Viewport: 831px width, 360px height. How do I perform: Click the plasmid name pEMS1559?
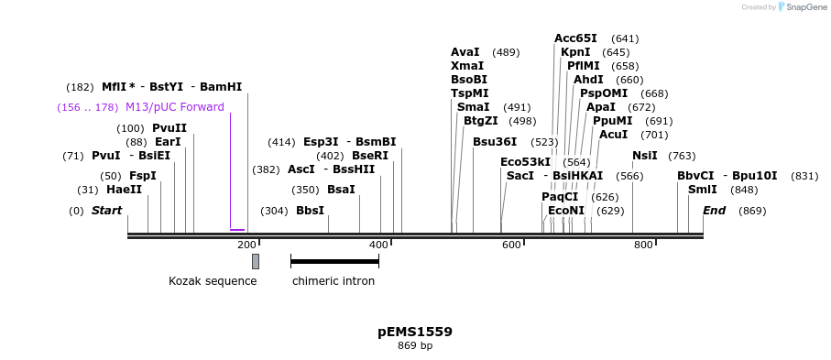click(x=415, y=332)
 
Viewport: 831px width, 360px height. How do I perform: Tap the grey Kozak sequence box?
click(x=256, y=261)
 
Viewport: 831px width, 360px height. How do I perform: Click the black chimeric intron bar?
click(x=334, y=261)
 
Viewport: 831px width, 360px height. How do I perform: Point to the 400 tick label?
click(x=378, y=245)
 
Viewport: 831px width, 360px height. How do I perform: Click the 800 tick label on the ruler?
click(x=643, y=245)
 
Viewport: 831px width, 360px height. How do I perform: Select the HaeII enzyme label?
click(x=124, y=190)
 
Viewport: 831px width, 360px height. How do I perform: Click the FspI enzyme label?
click(x=142, y=175)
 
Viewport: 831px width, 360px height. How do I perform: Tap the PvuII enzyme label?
click(x=169, y=128)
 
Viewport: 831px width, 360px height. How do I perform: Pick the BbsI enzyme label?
click(x=310, y=211)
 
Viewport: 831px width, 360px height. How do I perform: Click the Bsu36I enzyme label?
click(x=495, y=142)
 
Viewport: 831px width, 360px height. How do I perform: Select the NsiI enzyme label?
click(x=644, y=156)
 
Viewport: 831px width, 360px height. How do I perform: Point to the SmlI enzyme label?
click(x=703, y=190)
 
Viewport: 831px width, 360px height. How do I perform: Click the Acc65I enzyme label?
click(x=575, y=38)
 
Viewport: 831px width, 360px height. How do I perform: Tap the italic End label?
click(x=715, y=211)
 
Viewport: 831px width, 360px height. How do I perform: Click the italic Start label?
click(x=106, y=211)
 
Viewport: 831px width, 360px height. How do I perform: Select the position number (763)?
click(x=682, y=156)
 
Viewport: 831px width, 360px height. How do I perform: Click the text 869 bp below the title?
click(x=415, y=346)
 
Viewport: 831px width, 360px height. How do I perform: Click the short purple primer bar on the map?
click(x=237, y=230)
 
